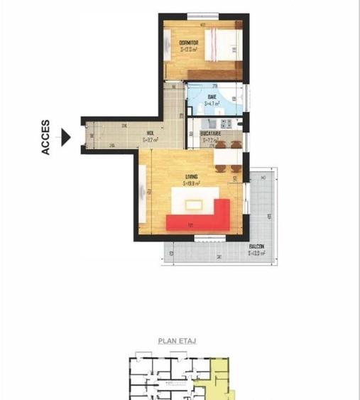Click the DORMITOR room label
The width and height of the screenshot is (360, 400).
coord(188,43)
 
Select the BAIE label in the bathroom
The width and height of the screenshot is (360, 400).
coord(212,97)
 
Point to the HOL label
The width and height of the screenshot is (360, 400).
coord(151,133)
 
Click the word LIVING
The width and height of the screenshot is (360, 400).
coord(191,176)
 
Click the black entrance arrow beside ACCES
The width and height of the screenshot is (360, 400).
coord(66,136)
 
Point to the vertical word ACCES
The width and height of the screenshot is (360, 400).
coord(46,136)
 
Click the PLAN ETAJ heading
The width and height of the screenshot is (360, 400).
coord(177,341)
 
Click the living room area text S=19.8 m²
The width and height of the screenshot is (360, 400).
coord(191,183)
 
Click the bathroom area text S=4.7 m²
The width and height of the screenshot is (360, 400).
coord(212,103)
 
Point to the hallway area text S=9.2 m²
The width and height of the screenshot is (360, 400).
coord(151,140)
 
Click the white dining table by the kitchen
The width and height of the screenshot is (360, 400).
coord(226,156)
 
